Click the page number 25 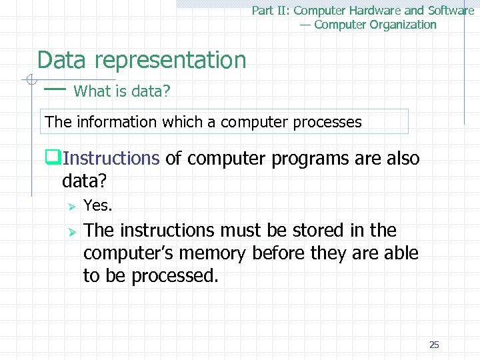click(434, 345)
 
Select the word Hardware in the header click(375, 11)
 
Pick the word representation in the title click(171, 60)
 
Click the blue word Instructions click(111, 159)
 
